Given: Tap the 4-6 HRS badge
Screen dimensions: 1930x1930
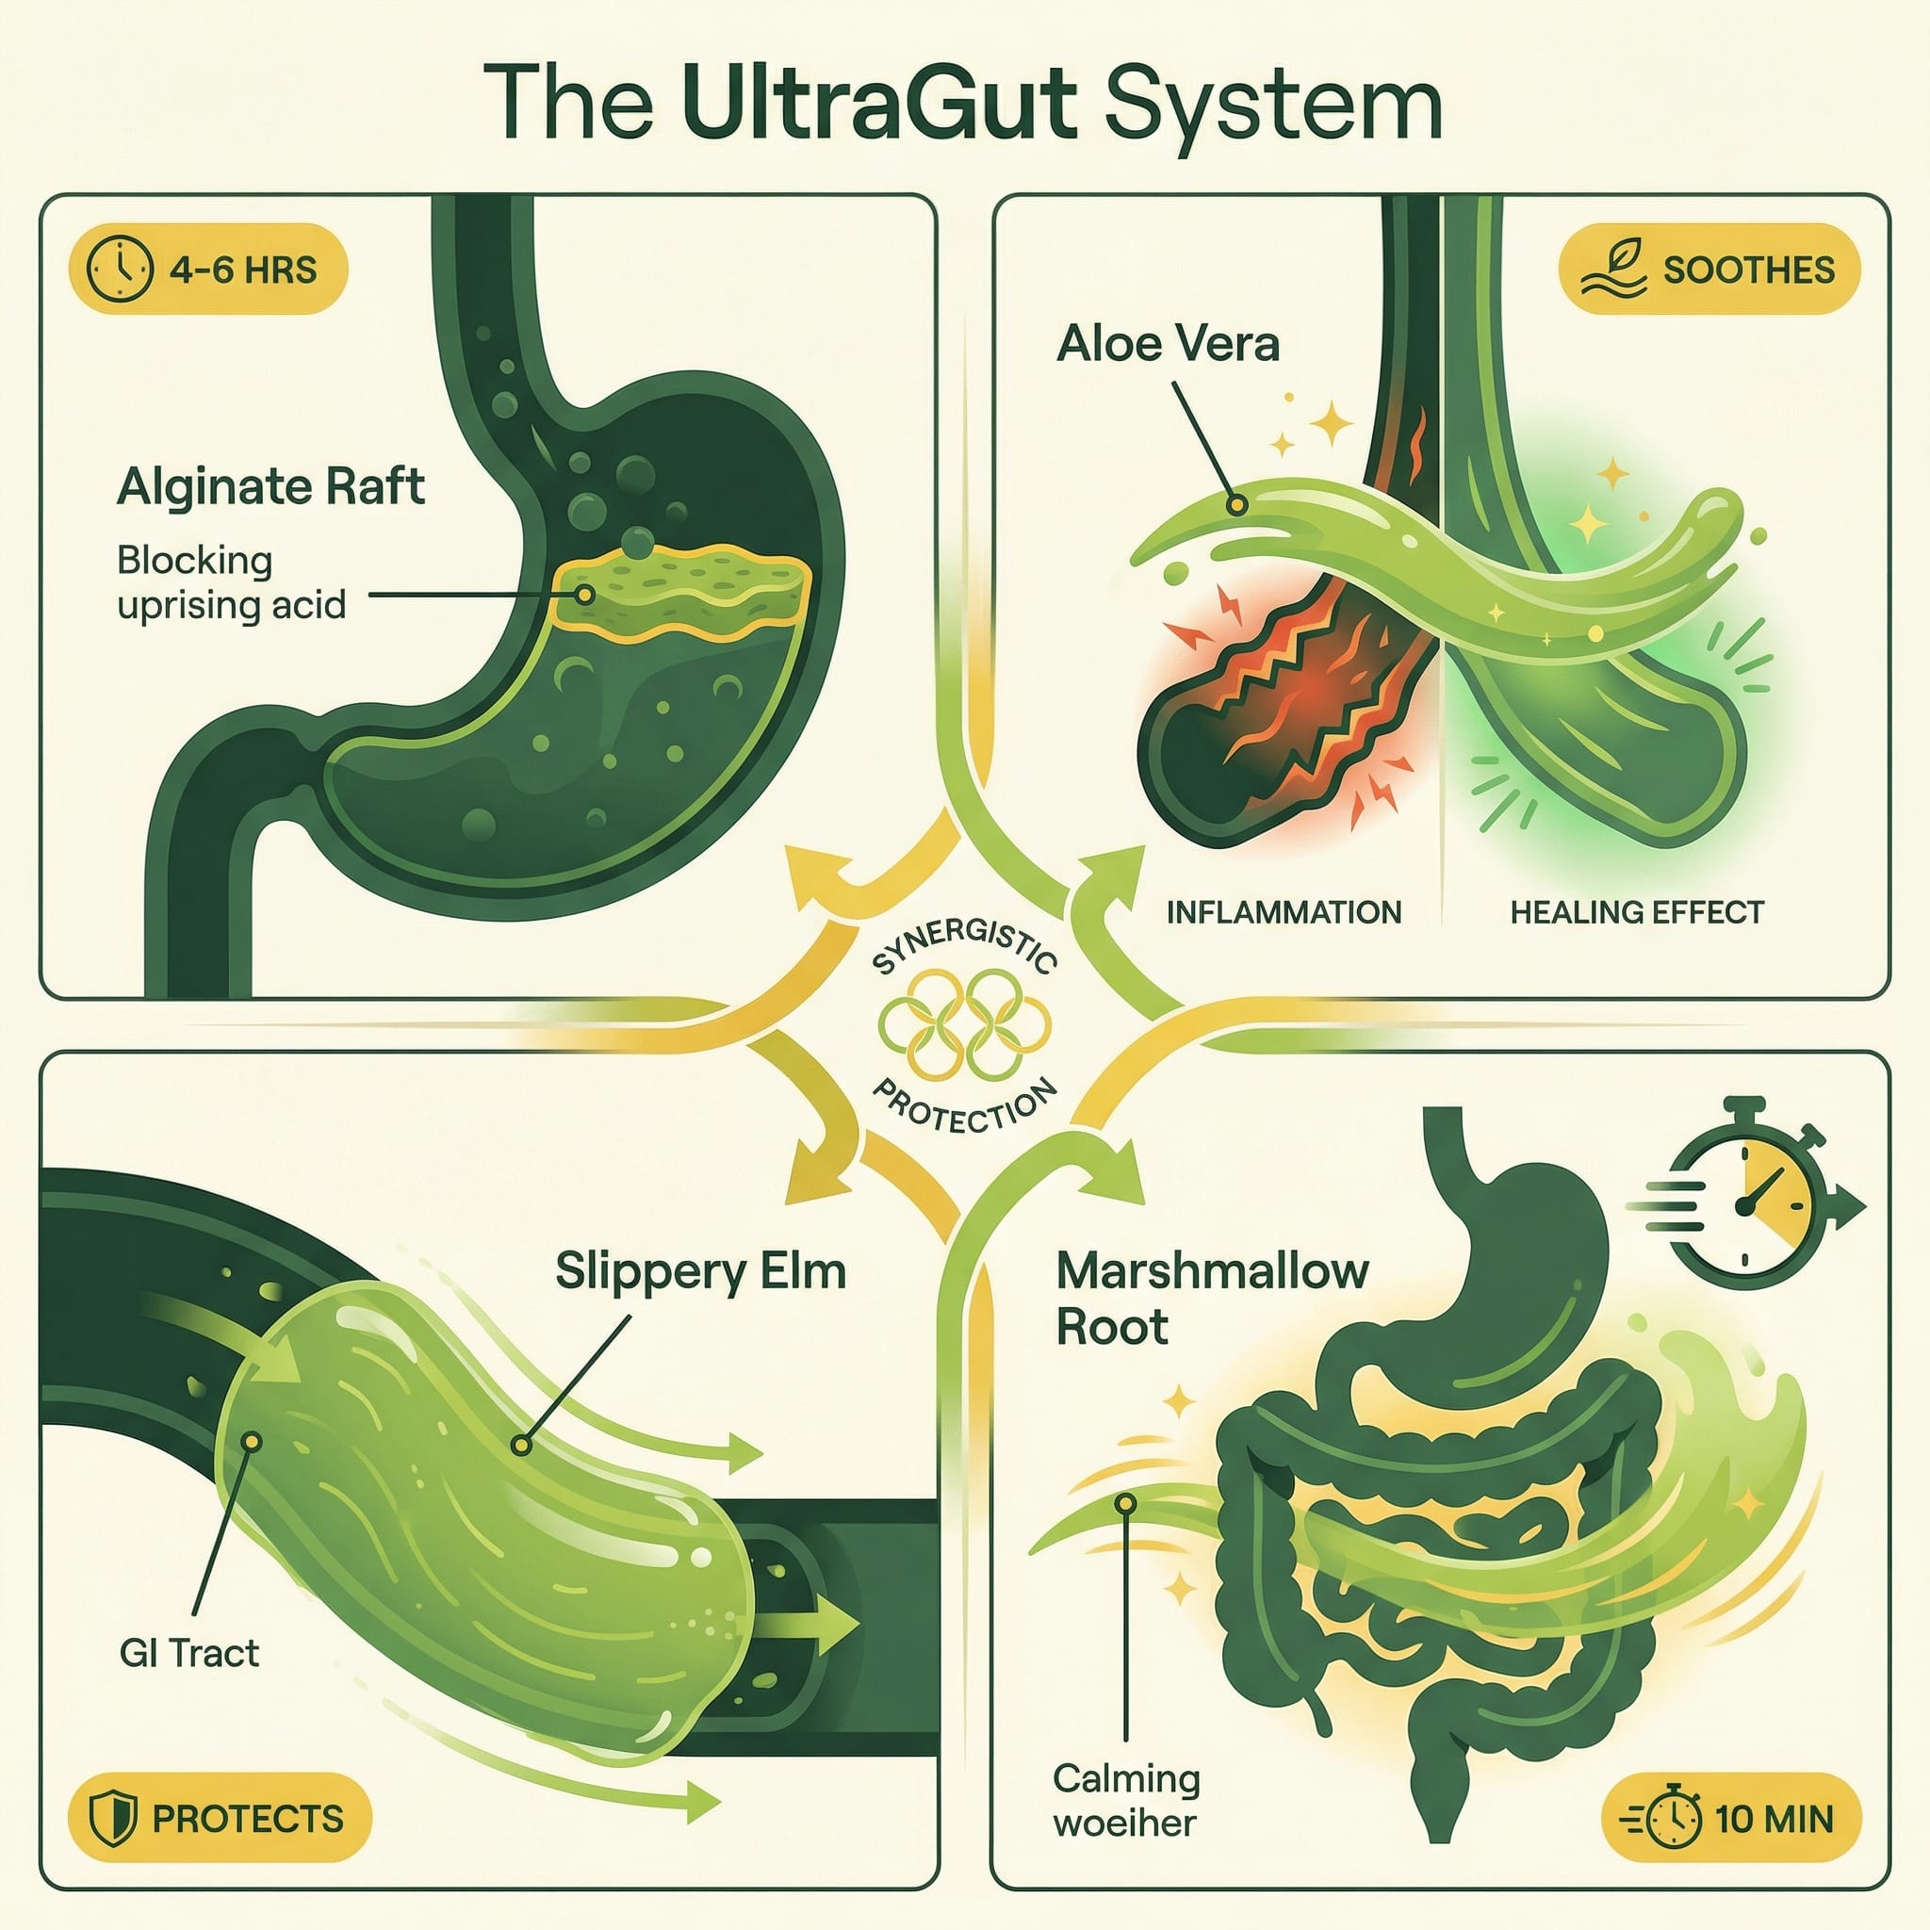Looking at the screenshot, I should pos(207,270).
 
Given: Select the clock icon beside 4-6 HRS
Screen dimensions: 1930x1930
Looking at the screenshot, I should pos(120,270).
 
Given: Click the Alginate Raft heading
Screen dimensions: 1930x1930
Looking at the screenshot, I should pos(270,487).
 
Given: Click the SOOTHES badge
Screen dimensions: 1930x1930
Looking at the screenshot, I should pos(1709,270).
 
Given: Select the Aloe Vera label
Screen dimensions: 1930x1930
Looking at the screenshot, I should pos(1168,345).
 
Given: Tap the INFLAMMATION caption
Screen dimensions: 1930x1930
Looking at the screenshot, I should pos(1284,912).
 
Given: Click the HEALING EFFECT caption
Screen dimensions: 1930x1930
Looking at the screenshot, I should pos(1636,912).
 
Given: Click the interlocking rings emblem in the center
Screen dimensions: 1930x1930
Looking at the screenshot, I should pos(964,1024).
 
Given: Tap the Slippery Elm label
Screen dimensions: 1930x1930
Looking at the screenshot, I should pos(700,1271).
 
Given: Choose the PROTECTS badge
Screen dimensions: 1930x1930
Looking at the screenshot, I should pos(219,1819).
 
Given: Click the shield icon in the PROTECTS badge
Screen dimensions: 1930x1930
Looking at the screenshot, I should pos(112,1819).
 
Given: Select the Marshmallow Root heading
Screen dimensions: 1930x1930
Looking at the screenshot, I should pos(1211,1299).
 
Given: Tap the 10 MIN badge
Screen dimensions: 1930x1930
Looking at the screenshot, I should pos(1731,1819).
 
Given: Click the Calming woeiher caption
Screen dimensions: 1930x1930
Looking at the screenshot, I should pos(1126,1800).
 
